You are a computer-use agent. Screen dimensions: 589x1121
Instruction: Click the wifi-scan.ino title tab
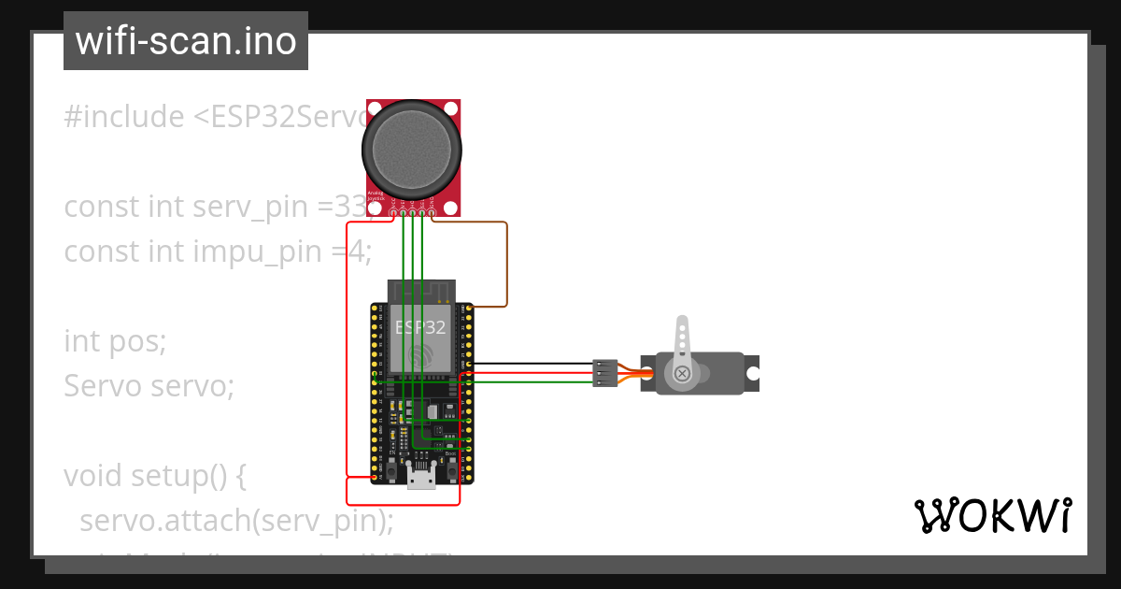186,41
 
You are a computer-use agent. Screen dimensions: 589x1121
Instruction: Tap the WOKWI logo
992,516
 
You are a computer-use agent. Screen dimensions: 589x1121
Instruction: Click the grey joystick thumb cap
413,146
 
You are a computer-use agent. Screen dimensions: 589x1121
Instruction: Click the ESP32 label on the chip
420,328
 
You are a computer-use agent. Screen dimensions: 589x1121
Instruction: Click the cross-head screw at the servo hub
682,374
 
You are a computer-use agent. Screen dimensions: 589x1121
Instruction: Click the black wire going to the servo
532,364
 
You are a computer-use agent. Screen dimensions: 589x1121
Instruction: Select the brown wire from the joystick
506,262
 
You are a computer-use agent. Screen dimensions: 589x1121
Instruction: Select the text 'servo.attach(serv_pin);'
236,520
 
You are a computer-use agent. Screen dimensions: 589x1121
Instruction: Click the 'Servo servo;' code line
149,385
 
